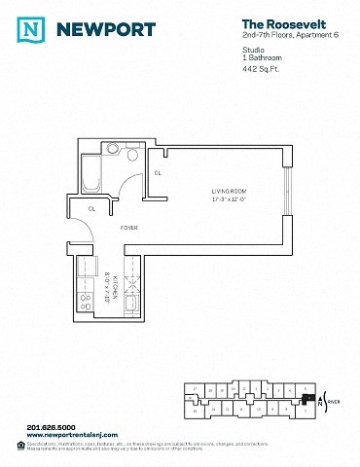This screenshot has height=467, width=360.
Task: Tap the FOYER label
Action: [x=128, y=228]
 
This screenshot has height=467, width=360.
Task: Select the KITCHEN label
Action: [x=114, y=286]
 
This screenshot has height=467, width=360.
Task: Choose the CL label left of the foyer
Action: [x=92, y=208]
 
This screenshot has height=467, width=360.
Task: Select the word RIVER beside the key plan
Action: [x=334, y=400]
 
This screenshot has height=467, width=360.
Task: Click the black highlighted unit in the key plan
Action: [x=308, y=397]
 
